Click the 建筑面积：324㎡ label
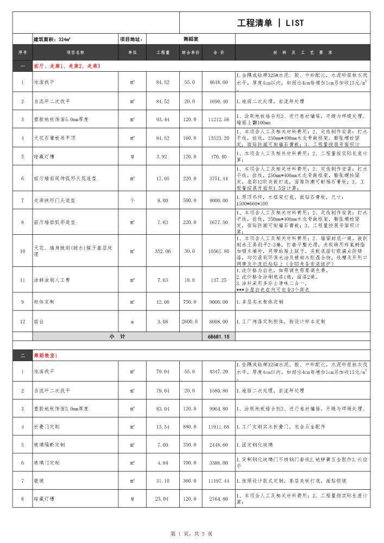[x=53, y=39]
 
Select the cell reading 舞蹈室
[x=191, y=39]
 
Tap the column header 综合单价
[x=191, y=53]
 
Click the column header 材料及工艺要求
[x=303, y=53]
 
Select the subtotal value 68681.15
[x=218, y=337]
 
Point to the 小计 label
[x=117, y=337]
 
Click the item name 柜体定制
[x=44, y=302]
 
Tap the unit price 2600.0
[x=190, y=322]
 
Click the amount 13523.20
[x=218, y=138]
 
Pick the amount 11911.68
[x=218, y=427]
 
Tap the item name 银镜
[x=39, y=481]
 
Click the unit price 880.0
[x=190, y=427]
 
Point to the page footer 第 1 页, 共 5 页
[x=191, y=534]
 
